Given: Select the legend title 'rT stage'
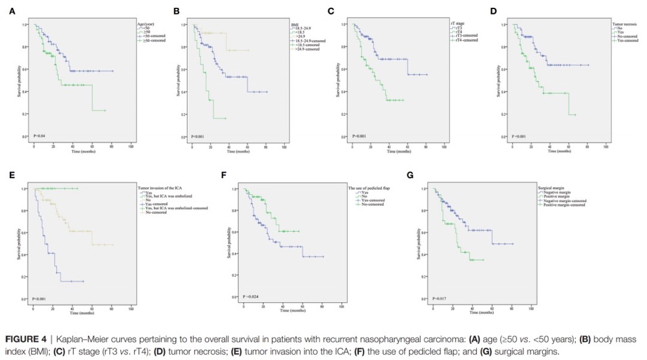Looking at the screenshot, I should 457,23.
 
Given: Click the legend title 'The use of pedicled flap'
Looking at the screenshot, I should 366,186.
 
